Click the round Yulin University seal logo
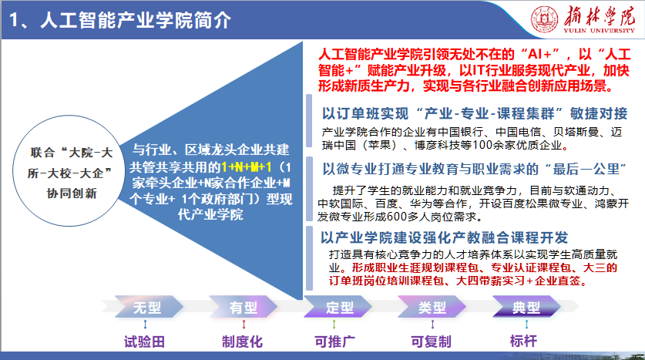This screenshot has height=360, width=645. tap(545, 19)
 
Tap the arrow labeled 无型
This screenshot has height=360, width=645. tap(148, 307)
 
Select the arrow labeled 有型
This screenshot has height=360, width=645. tap(243, 307)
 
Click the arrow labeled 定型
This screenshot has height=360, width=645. tap(338, 307)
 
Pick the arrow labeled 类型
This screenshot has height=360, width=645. tap(432, 307)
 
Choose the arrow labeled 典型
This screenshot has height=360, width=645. tap(526, 307)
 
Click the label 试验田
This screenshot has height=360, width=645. tap(144, 341)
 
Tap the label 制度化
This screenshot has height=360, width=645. tap(242, 341)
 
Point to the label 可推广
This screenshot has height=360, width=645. tap(335, 341)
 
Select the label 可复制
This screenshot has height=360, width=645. tap(431, 341)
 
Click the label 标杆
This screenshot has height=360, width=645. tap(524, 341)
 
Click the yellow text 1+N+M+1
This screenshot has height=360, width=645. tap(247, 167)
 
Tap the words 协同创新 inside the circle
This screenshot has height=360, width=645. tap(72, 193)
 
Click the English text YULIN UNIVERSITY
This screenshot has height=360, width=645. tap(600, 30)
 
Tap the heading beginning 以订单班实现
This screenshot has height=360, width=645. tap(475, 113)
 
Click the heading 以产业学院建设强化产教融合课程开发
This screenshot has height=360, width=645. tap(445, 237)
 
